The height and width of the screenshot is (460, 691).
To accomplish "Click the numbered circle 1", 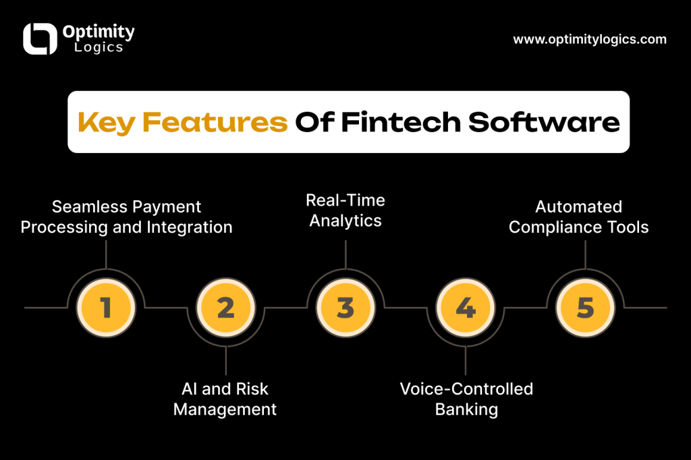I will pyautogui.click(x=106, y=308).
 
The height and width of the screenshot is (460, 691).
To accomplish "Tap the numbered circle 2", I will pyautogui.click(x=226, y=308).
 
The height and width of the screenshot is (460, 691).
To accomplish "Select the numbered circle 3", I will pyautogui.click(x=345, y=308).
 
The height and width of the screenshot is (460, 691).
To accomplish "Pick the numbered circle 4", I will pyautogui.click(x=466, y=308).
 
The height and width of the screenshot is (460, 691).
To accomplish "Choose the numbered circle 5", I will pyautogui.click(x=585, y=308).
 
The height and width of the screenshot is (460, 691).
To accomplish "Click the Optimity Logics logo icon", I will pyautogui.click(x=40, y=39).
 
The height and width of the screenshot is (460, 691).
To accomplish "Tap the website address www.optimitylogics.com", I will pyautogui.click(x=590, y=39).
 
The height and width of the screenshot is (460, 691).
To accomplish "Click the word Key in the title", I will pyautogui.click(x=106, y=123).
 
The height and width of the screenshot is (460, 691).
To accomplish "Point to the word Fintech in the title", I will pyautogui.click(x=400, y=123).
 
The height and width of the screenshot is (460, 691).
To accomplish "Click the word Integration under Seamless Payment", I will pyautogui.click(x=190, y=227).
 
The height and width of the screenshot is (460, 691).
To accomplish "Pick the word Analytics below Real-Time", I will pyautogui.click(x=345, y=221).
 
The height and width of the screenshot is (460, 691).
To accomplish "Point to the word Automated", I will pyautogui.click(x=578, y=206).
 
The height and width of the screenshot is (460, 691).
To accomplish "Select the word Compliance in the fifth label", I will pyautogui.click(x=557, y=227).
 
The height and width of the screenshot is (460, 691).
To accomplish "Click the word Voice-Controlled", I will pyautogui.click(x=466, y=389).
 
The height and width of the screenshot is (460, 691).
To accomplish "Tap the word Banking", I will pyautogui.click(x=466, y=409).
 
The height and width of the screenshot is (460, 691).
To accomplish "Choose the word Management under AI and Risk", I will pyautogui.click(x=225, y=409).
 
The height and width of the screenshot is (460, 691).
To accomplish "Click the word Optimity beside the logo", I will pyautogui.click(x=99, y=32).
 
